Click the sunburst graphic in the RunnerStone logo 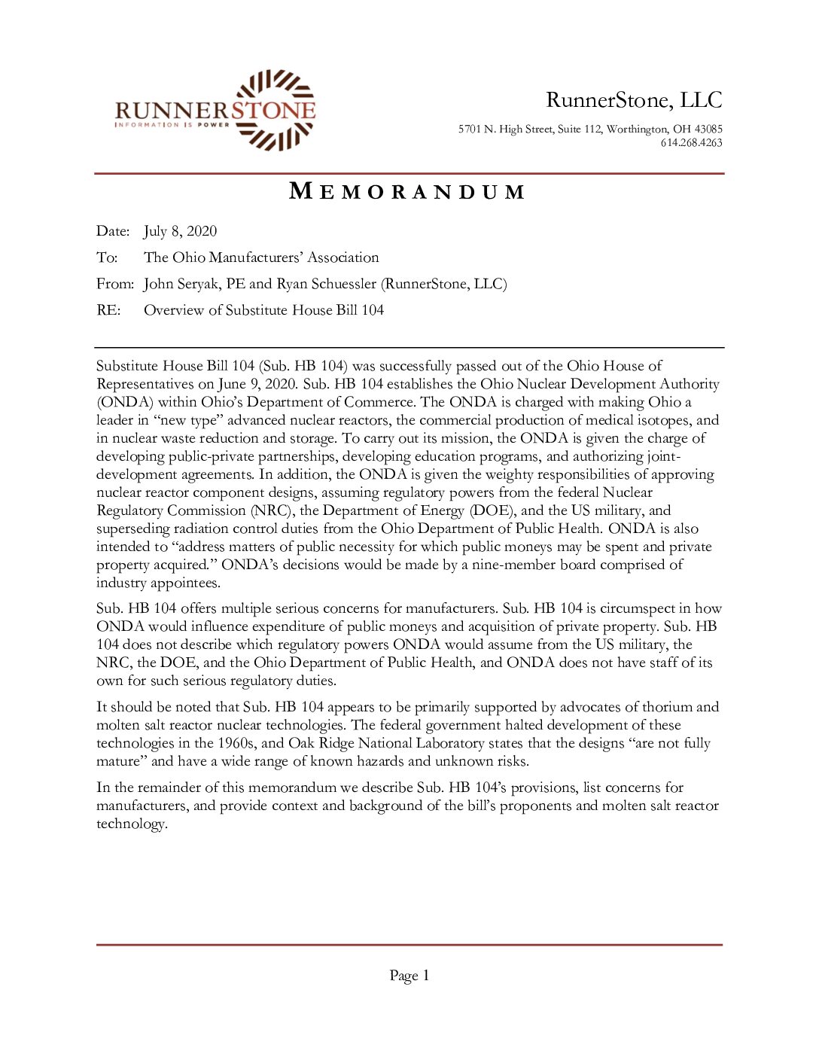275,110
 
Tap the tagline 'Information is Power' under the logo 172,125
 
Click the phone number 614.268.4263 691,143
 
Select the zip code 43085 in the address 708,129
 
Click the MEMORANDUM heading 407,192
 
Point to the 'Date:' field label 113,232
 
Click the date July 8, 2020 180,232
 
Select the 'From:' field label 115,285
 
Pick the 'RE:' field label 108,311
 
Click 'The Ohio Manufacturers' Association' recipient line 261,258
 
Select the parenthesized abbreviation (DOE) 492,511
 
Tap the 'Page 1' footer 409,976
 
